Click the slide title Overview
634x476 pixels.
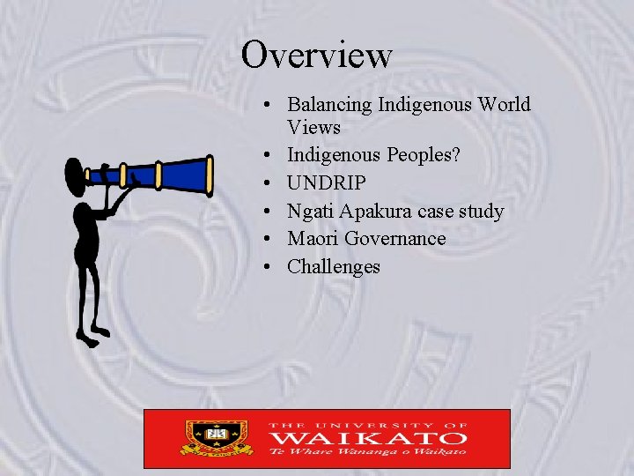coord(317,54)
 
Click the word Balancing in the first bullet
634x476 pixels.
coord(330,105)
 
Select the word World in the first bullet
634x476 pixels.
coord(505,105)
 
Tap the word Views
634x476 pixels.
coord(313,127)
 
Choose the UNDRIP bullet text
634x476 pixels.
coord(327,183)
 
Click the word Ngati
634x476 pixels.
coord(311,212)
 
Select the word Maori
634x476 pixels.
coord(313,239)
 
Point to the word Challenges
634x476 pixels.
coord(334,266)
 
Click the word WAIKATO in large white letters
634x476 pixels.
coord(367,436)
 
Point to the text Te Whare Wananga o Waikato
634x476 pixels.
coord(367,452)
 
